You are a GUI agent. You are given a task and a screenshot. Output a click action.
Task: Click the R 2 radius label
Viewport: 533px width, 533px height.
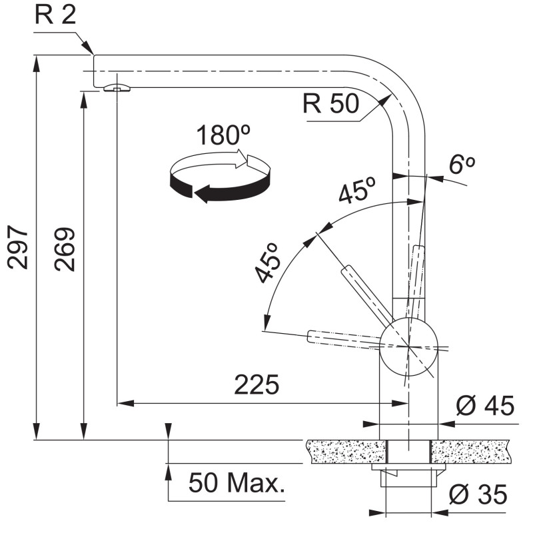[x=55, y=15]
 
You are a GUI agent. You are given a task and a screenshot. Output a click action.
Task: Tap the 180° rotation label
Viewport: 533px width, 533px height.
[x=223, y=135]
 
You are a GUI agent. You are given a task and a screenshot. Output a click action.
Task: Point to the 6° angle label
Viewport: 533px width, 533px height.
[x=462, y=165]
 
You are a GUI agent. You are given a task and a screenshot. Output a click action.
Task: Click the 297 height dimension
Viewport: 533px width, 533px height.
[x=18, y=247]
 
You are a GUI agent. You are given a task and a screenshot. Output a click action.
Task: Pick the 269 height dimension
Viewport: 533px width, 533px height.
[x=65, y=249]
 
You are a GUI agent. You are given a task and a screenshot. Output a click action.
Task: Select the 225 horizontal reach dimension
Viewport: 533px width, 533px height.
[x=257, y=385]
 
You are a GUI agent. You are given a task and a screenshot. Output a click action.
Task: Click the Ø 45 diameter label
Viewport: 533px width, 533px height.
[x=485, y=406]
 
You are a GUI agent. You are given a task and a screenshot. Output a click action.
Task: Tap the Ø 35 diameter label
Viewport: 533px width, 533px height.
[x=478, y=494]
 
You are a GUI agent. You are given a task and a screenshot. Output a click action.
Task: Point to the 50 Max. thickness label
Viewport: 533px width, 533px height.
[x=237, y=482]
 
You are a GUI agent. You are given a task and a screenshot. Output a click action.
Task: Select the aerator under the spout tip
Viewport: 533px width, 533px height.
[x=116, y=88]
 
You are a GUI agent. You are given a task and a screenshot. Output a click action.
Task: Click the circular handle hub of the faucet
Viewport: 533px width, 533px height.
[x=408, y=346]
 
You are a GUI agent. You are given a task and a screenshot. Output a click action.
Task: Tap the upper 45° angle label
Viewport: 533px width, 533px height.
[x=357, y=190]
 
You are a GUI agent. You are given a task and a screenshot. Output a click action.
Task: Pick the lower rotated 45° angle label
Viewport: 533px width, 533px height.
[x=268, y=263]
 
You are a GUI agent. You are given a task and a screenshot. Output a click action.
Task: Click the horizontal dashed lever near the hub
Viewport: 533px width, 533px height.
[x=344, y=339]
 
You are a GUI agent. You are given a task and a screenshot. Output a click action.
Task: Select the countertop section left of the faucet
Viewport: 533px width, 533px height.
[x=346, y=452]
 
